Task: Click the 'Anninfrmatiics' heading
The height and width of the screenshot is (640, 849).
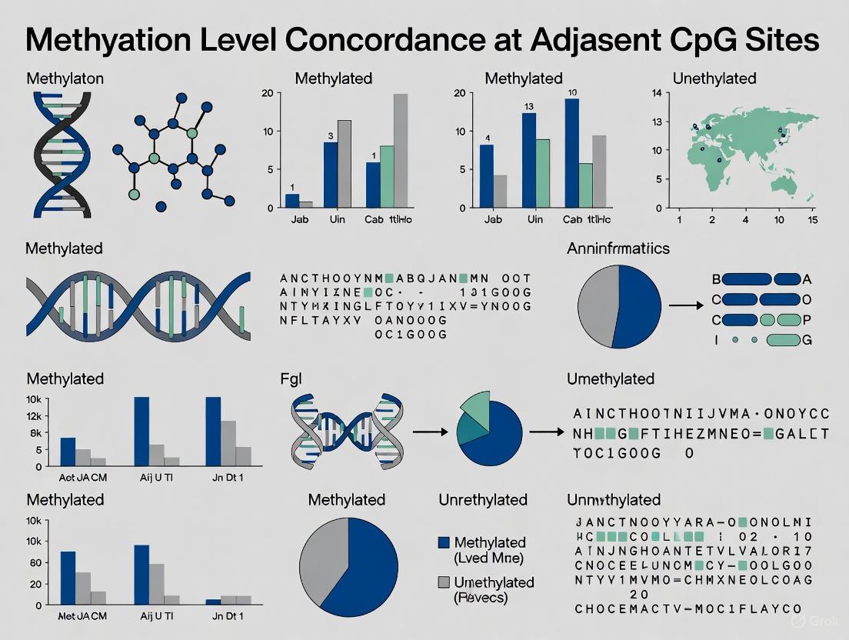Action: click(618, 248)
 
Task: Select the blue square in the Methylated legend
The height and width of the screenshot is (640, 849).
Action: click(443, 543)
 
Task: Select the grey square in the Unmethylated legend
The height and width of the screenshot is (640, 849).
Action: click(443, 582)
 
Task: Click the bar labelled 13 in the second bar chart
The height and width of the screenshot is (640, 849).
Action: click(529, 160)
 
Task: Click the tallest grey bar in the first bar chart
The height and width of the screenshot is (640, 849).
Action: click(401, 150)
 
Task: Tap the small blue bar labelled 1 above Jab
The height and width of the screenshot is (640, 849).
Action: click(292, 201)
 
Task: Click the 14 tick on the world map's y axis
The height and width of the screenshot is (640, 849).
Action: click(656, 94)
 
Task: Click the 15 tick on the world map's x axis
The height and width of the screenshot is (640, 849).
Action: click(813, 220)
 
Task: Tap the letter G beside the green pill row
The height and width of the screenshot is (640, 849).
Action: click(806, 339)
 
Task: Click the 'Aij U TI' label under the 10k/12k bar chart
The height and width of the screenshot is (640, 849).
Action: click(156, 477)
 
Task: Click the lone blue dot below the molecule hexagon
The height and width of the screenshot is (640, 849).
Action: click(161, 206)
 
